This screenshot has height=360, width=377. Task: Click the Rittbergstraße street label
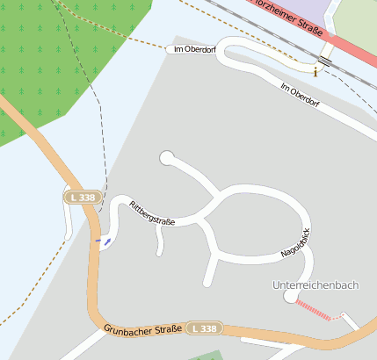coord(152,213)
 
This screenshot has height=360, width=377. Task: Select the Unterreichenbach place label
coord(315,285)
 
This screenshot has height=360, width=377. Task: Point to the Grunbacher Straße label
coord(141,329)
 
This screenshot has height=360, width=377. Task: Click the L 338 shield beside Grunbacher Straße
coord(203,328)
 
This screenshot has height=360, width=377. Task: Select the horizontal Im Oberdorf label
coord(189,49)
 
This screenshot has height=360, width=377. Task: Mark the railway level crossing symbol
coord(325,61)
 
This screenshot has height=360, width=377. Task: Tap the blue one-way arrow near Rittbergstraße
coord(106,239)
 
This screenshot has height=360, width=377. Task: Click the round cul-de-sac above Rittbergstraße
coord(166,158)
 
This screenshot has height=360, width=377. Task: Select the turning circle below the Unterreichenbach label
coord(290,298)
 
